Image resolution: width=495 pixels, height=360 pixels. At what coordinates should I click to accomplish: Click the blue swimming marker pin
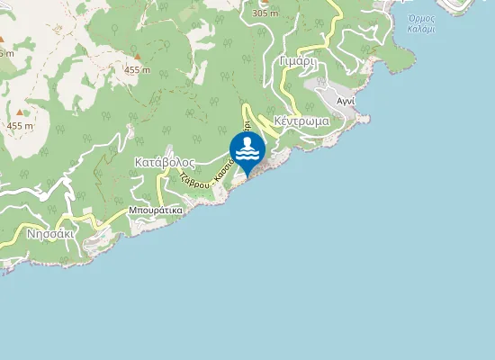coord(247,149)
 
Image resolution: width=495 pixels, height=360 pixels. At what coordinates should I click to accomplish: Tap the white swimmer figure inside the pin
coord(247,144)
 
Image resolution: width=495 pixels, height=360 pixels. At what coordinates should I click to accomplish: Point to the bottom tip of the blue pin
coord(247,175)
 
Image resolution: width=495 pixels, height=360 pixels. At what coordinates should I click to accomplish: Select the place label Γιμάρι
coord(296,63)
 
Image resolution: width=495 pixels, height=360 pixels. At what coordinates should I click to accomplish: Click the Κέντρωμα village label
coord(301,120)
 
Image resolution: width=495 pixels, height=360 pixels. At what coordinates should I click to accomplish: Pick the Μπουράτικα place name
coord(156,210)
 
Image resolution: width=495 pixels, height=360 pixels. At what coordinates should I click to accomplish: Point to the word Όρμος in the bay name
coord(421,18)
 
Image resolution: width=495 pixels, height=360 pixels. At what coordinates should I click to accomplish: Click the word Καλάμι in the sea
coord(421,30)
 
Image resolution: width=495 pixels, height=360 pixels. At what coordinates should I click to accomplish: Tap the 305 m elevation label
coord(265,13)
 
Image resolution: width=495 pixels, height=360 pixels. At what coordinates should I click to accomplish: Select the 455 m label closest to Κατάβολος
coord(137,69)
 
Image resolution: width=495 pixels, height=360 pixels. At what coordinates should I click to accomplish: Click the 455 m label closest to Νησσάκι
coord(19,126)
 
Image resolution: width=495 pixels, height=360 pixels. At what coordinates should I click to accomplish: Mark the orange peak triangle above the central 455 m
coord(137,56)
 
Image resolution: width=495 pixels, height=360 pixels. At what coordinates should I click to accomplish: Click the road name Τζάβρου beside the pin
coord(194,178)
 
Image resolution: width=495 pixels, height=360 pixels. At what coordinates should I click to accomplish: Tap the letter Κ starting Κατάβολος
coord(139,163)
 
